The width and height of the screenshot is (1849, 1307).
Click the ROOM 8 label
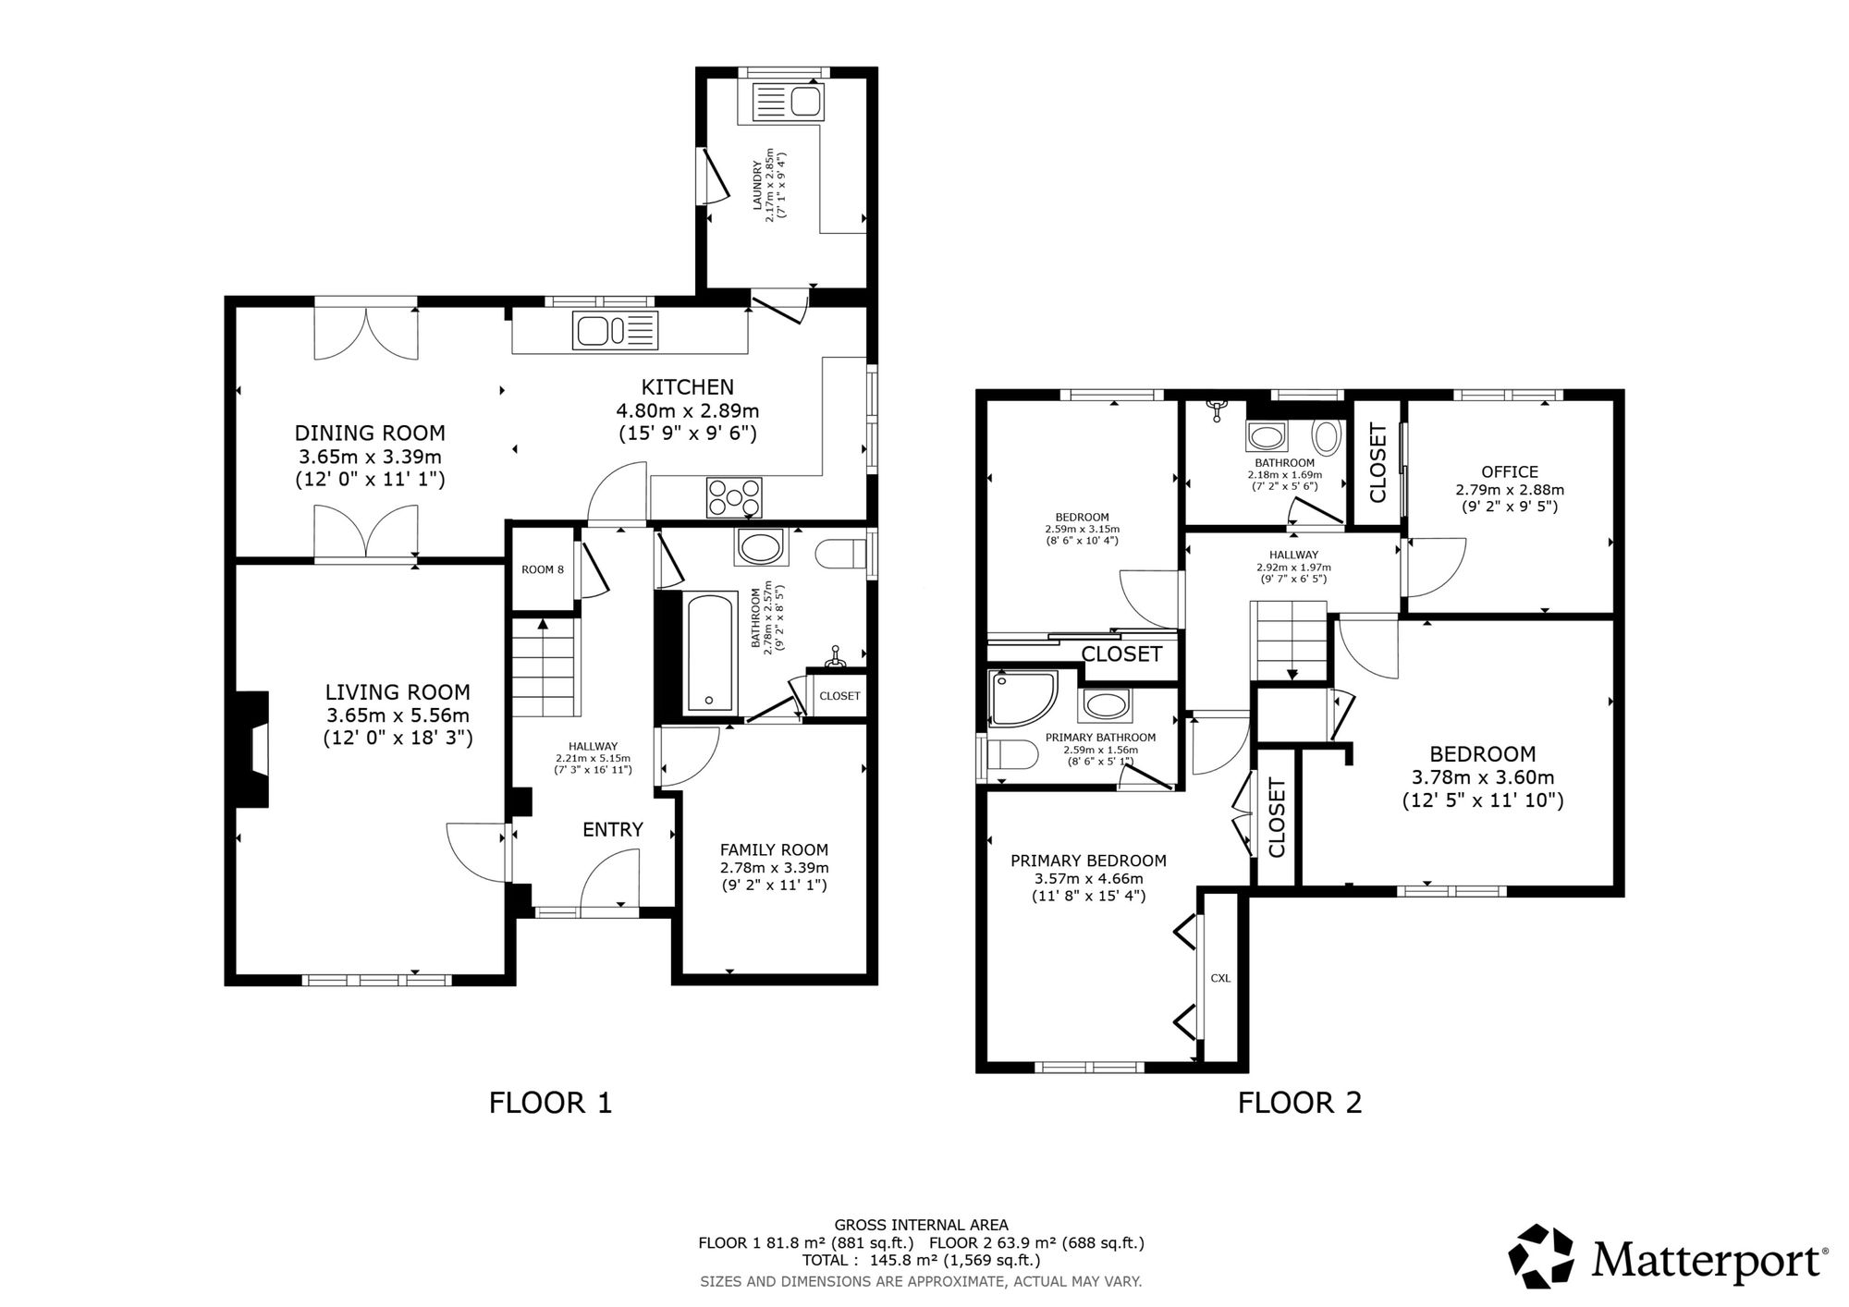pyautogui.click(x=542, y=569)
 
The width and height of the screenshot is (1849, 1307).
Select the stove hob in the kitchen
pyautogui.click(x=734, y=497)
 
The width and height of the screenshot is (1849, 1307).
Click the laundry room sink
pyautogui.click(x=788, y=101)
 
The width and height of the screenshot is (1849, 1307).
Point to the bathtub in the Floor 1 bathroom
pyautogui.click(x=710, y=653)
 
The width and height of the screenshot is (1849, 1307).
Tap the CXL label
pyautogui.click(x=1220, y=978)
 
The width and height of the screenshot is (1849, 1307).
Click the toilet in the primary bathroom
pyautogui.click(x=1004, y=754)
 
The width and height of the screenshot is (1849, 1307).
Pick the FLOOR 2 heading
pyautogui.click(x=1299, y=1103)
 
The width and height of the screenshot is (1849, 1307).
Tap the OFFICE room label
pyautogui.click(x=1510, y=471)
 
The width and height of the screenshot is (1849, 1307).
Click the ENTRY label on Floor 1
pyautogui.click(x=612, y=830)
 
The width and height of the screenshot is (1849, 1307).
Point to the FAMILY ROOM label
pyautogui.click(x=774, y=849)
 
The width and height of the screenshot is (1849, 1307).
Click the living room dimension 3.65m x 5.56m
pyautogui.click(x=398, y=715)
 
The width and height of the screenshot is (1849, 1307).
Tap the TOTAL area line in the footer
pyautogui.click(x=921, y=1260)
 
